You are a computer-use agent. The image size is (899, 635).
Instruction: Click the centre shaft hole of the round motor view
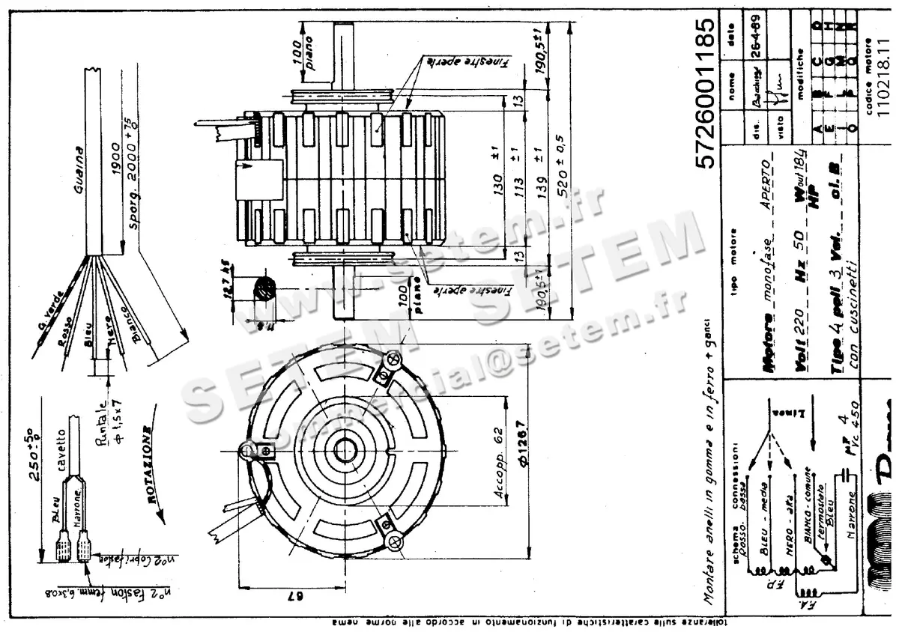(345, 452)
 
